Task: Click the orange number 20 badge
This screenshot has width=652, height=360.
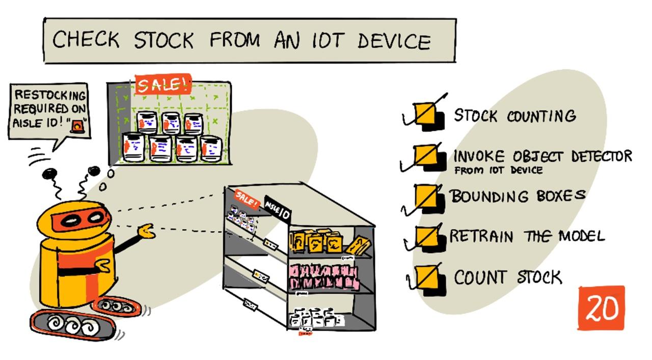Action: point(601,308)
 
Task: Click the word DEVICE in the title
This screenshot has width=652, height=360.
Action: point(394,41)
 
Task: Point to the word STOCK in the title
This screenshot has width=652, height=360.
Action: point(164,40)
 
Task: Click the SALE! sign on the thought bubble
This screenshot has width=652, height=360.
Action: point(163,85)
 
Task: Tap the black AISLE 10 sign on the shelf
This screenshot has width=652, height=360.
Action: point(278,209)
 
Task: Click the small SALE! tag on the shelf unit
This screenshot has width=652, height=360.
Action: point(246,199)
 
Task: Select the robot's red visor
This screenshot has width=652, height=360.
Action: point(85,219)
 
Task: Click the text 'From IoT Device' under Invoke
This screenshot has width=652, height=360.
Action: point(498,171)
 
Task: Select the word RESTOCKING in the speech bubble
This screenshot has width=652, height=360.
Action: point(50,95)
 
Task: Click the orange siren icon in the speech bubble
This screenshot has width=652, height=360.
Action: point(77,124)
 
